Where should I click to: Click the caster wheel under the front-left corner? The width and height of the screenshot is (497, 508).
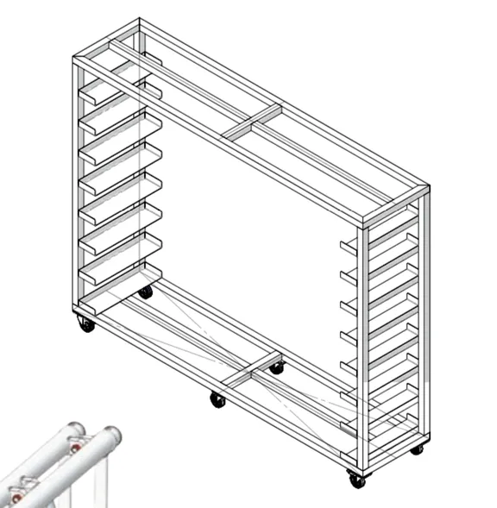coord(85,325)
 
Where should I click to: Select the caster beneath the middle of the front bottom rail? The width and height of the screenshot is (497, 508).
coord(217,399)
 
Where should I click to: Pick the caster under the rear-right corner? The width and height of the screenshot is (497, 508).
coord(417,448)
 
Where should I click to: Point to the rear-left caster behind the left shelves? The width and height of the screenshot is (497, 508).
coord(146,292)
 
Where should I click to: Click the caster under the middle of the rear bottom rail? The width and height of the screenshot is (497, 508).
coord(276,368)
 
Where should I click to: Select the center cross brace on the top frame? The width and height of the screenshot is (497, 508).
coord(251,122)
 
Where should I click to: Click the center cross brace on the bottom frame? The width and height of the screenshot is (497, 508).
coord(250,373)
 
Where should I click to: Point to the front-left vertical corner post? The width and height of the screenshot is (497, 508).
coord(76,190)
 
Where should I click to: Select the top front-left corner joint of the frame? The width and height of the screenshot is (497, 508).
coord(76,61)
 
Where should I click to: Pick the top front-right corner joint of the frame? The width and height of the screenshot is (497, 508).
coord(364,223)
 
